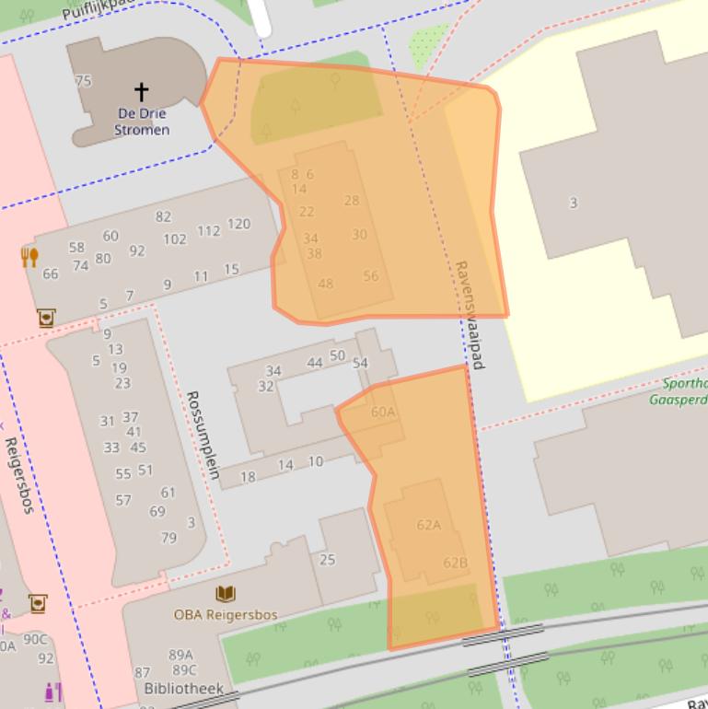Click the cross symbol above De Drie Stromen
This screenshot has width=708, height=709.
(x=141, y=91)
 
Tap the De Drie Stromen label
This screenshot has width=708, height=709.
(x=142, y=122)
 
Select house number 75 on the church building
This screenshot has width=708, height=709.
(x=83, y=80)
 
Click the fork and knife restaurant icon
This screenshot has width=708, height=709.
(x=29, y=257)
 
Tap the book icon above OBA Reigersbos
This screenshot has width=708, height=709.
(x=225, y=594)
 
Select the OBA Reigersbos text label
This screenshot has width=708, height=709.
(x=226, y=614)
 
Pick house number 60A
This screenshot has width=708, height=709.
(x=383, y=412)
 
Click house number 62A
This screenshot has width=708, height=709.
(x=428, y=525)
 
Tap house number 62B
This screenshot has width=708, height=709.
(x=455, y=563)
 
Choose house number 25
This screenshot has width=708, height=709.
(x=327, y=559)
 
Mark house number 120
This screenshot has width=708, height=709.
(x=238, y=224)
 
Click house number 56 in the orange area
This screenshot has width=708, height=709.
(x=370, y=275)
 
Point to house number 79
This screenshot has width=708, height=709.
(x=168, y=538)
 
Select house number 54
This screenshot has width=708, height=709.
(x=360, y=363)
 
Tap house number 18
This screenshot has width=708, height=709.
(x=248, y=477)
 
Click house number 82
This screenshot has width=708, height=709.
(x=163, y=216)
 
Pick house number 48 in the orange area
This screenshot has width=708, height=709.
(x=325, y=284)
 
